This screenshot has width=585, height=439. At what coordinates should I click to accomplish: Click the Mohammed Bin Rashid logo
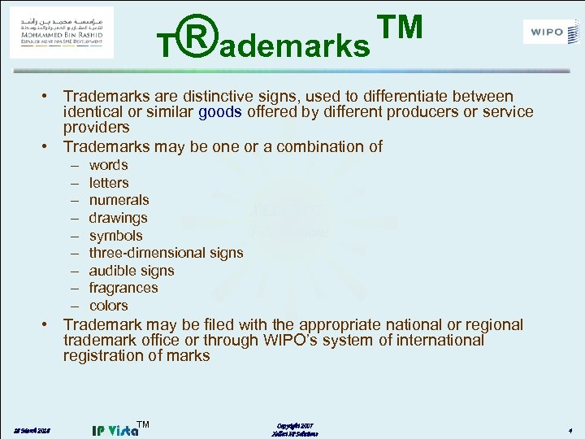(61, 33)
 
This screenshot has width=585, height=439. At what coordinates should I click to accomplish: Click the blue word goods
(219, 112)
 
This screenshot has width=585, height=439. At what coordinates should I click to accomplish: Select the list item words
(108, 165)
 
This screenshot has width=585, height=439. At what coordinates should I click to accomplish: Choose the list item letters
(109, 183)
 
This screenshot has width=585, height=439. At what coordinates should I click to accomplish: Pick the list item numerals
(119, 200)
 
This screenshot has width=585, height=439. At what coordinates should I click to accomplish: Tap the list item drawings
(118, 218)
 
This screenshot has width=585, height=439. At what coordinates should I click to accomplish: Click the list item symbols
(115, 236)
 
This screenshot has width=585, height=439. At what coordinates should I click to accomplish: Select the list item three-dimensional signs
(166, 253)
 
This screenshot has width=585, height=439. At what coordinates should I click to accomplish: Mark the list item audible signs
(132, 271)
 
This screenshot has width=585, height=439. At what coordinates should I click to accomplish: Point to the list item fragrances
(123, 288)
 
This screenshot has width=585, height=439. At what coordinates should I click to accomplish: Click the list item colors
(108, 306)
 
